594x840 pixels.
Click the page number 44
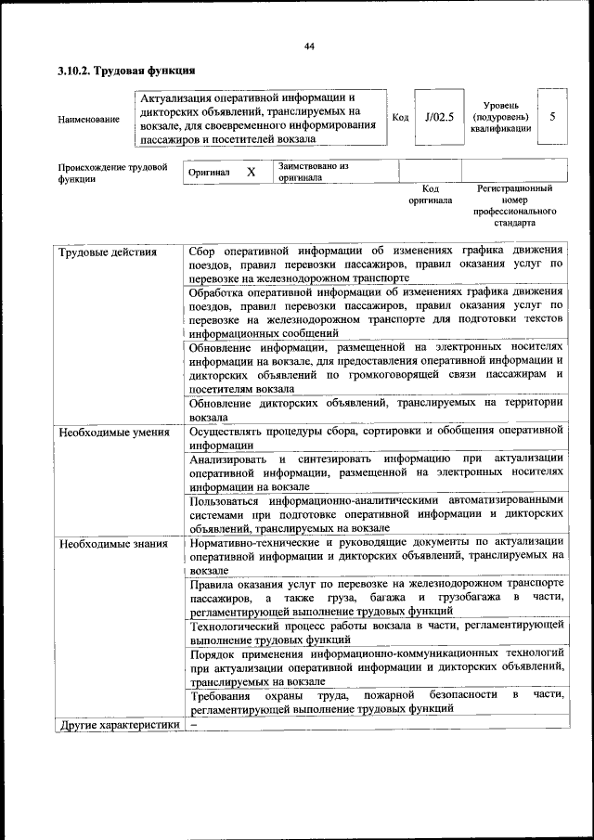[309, 46]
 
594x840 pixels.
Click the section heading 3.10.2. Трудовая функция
[124, 71]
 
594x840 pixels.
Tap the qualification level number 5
[552, 118]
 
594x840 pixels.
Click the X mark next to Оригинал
[251, 172]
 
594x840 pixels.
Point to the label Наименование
[88, 119]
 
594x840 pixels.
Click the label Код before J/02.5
[400, 118]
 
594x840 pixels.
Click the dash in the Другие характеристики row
[193, 724]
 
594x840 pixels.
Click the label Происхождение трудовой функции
[112, 173]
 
